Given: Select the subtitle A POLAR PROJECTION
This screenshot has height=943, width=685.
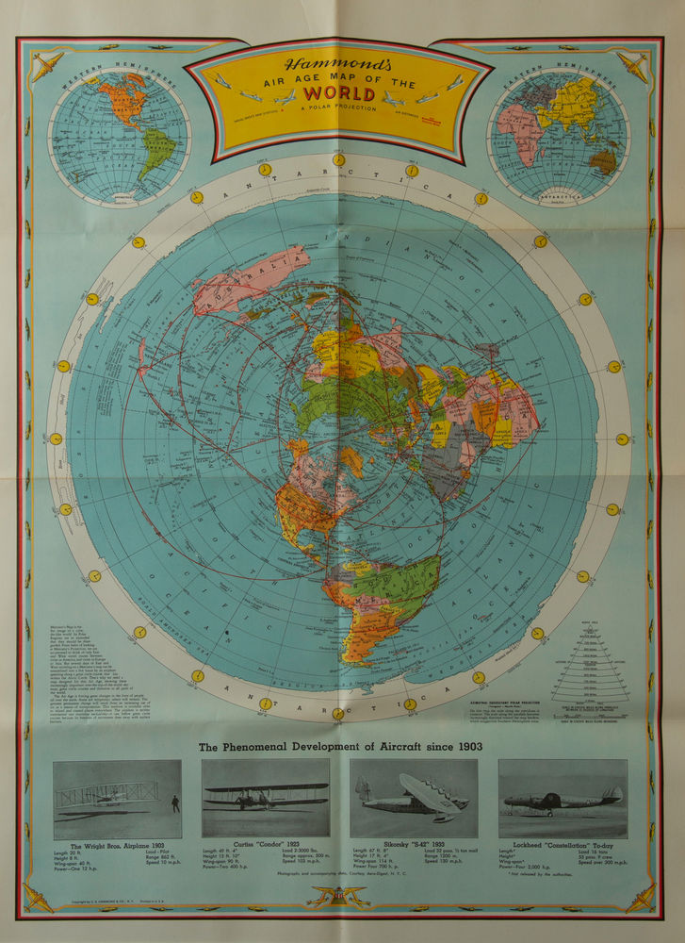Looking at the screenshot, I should pos(338,109).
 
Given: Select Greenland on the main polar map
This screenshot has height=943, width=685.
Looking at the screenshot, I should pos(350,460).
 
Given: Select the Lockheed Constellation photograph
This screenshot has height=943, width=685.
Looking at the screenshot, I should pos(562,798).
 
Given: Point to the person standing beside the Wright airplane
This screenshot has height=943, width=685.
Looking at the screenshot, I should pos(174,803).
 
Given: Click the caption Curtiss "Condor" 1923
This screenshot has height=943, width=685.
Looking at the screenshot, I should pos(265,846).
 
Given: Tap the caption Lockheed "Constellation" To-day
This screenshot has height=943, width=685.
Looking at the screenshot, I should pos(562,846).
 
